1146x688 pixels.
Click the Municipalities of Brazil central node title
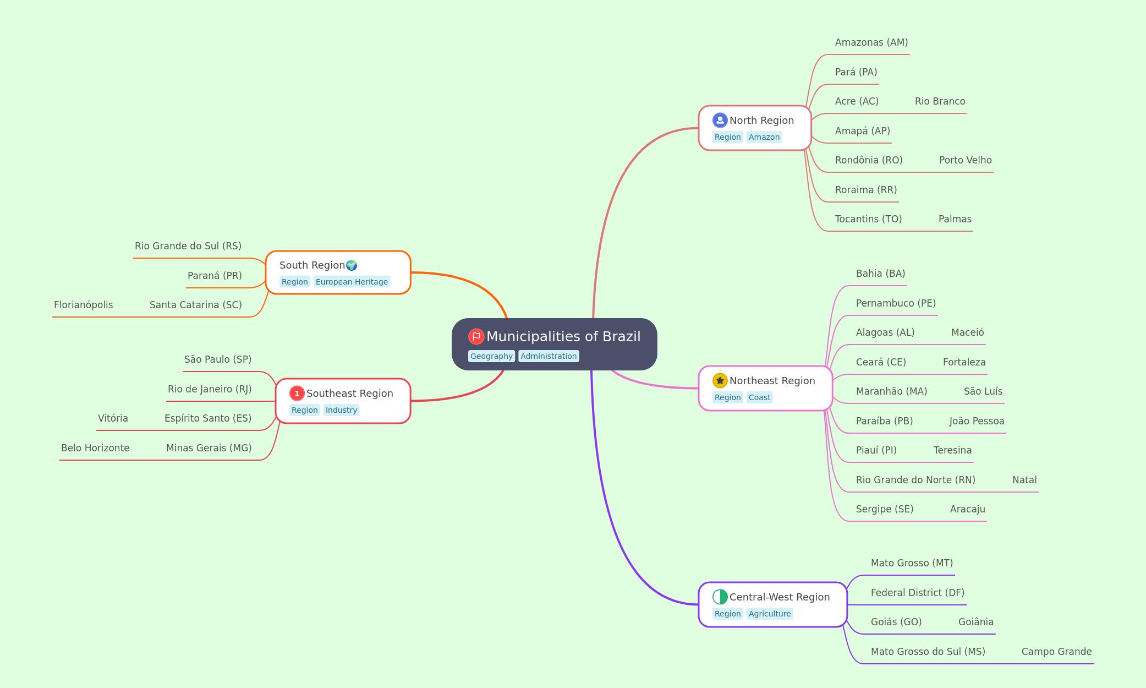click(x=563, y=336)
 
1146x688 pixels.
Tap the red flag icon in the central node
click(x=476, y=336)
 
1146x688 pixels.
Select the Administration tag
click(x=549, y=356)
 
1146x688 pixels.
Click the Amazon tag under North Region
click(x=764, y=137)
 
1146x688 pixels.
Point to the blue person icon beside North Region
click(x=720, y=120)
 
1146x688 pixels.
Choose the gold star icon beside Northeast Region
click(x=720, y=380)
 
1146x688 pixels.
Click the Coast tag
click(x=759, y=397)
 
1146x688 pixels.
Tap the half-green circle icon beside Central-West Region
click(x=720, y=597)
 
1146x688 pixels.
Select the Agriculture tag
click(x=770, y=614)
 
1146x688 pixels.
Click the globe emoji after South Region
click(x=352, y=265)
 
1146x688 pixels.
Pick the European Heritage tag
click(x=352, y=282)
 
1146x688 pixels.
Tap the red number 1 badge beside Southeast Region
click(x=297, y=393)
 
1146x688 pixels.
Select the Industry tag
click(x=341, y=410)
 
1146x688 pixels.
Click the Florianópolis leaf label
click(x=84, y=305)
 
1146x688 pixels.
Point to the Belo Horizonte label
click(x=95, y=448)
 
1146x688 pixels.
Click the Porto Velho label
click(x=966, y=160)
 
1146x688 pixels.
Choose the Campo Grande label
click(x=1057, y=652)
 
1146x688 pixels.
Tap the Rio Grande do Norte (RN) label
click(x=915, y=480)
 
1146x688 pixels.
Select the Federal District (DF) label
click(x=918, y=593)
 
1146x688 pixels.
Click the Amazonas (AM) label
click(x=871, y=42)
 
